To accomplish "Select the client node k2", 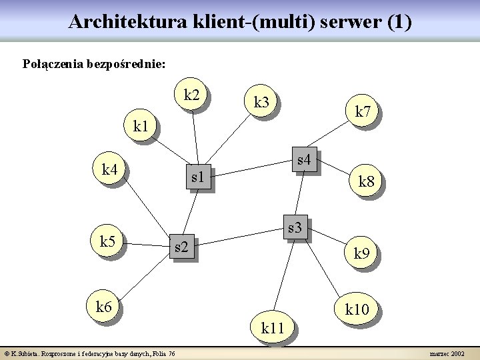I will click(191, 95).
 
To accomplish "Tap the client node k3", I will click(261, 102).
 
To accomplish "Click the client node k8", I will click(367, 180).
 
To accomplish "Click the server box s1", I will click(197, 177).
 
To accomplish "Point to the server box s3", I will click(295, 228).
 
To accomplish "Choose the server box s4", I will click(304, 160).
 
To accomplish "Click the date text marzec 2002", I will click(449, 353).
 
